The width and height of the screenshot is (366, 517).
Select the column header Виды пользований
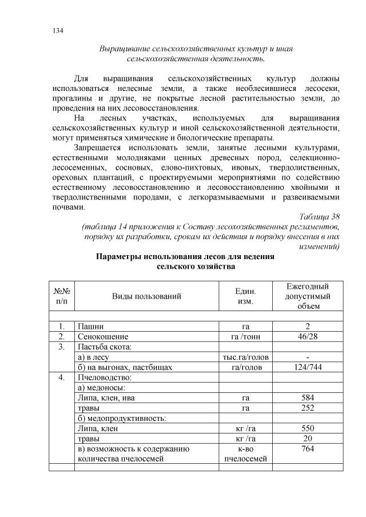coord(146,296)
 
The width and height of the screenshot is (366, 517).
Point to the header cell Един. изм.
coord(245,296)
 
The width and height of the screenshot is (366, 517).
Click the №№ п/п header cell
coord(62,296)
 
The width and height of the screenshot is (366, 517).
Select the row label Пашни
coord(91,325)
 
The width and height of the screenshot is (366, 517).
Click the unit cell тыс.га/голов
coord(245,356)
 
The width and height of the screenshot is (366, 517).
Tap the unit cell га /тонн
coord(245,336)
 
